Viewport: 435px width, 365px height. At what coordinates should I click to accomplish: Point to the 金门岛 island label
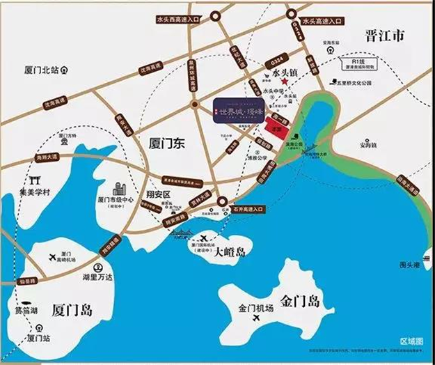(x=300, y=302)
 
